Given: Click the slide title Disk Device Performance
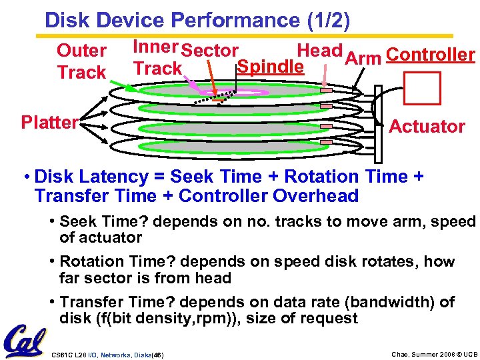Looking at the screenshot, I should coord(197,20).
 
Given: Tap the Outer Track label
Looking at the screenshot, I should coord(81,61).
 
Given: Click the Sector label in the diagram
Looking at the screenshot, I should coord(210,51).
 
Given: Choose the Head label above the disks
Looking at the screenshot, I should coord(319,51).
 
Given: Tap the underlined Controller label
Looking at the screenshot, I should coord(430,55).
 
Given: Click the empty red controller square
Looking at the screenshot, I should coord(423,87).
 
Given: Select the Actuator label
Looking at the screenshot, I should coord(427,126).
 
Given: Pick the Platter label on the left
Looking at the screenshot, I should coord(49,123).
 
